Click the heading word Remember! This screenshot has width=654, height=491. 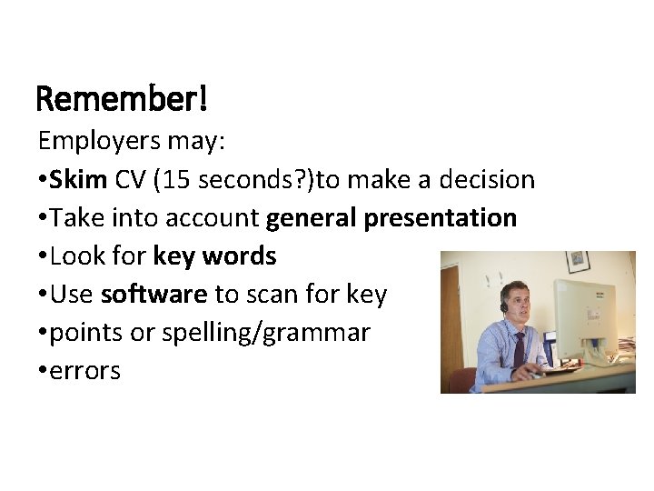pyautogui.click(x=122, y=98)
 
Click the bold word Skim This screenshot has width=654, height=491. pyautogui.click(x=79, y=180)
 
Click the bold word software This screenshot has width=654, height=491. pyautogui.click(x=154, y=295)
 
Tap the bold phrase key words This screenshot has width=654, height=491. pyautogui.click(x=214, y=256)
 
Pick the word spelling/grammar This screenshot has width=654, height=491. pyautogui.click(x=265, y=333)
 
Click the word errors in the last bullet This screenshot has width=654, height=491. pyautogui.click(x=85, y=371)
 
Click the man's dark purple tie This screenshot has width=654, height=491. pyautogui.click(x=519, y=350)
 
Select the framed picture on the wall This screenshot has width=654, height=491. pyautogui.click(x=577, y=262)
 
